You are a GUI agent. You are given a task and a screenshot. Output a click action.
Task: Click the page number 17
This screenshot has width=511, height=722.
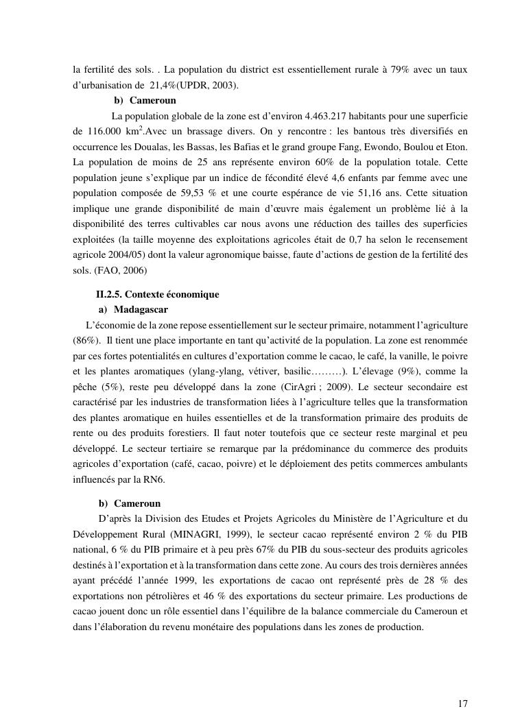(x=463, y=703)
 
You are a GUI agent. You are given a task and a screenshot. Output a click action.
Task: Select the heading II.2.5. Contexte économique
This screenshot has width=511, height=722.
(x=157, y=294)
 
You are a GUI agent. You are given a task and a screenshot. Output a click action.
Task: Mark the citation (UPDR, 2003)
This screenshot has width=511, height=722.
(x=209, y=85)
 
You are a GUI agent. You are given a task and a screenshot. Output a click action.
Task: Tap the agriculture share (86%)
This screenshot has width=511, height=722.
(x=86, y=340)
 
